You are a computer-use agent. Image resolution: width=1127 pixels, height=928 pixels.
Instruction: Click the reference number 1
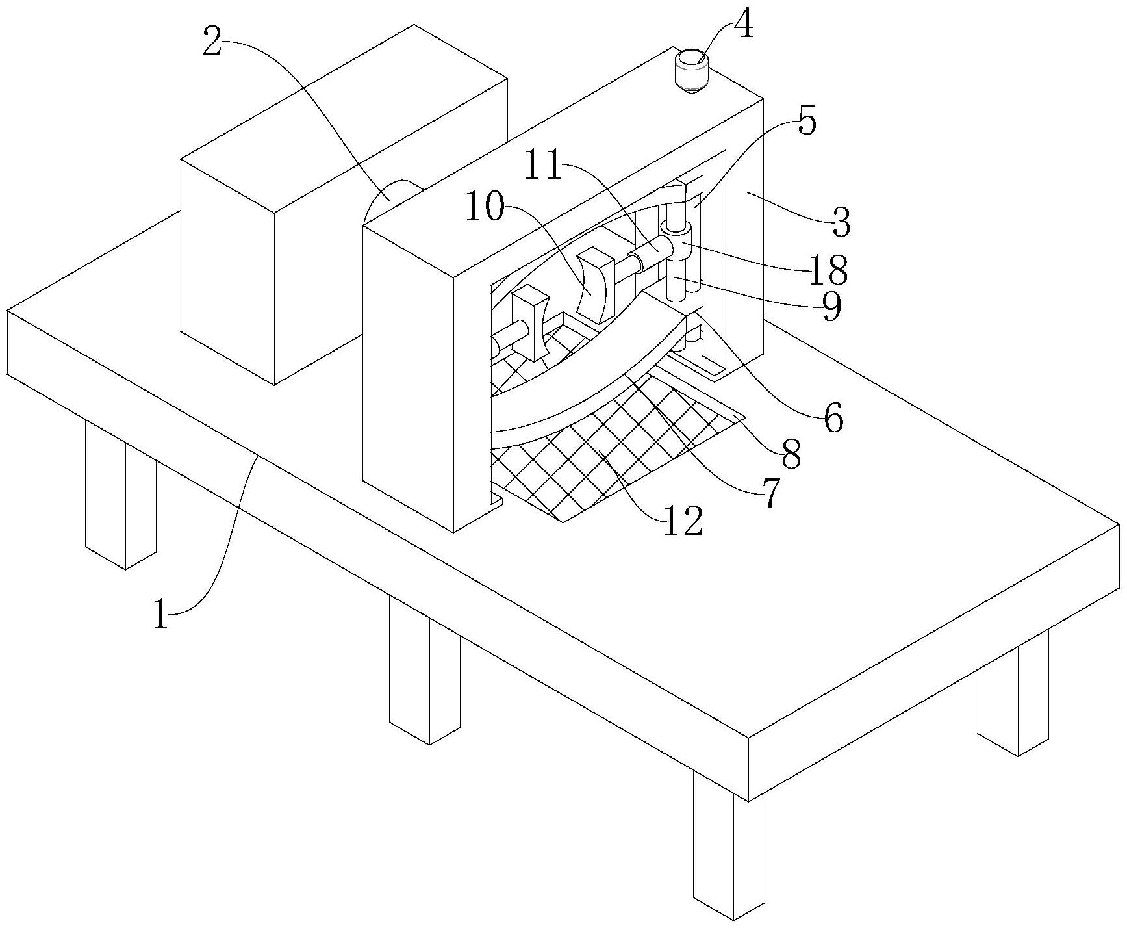coord(160,614)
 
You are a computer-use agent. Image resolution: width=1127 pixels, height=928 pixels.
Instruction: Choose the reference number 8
coord(791,454)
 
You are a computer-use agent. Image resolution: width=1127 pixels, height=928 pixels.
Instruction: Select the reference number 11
coord(543,166)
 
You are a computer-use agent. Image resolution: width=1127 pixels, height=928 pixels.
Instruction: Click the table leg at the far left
coord(120,500)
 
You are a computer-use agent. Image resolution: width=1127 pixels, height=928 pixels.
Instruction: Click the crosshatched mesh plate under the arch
coord(585,455)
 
